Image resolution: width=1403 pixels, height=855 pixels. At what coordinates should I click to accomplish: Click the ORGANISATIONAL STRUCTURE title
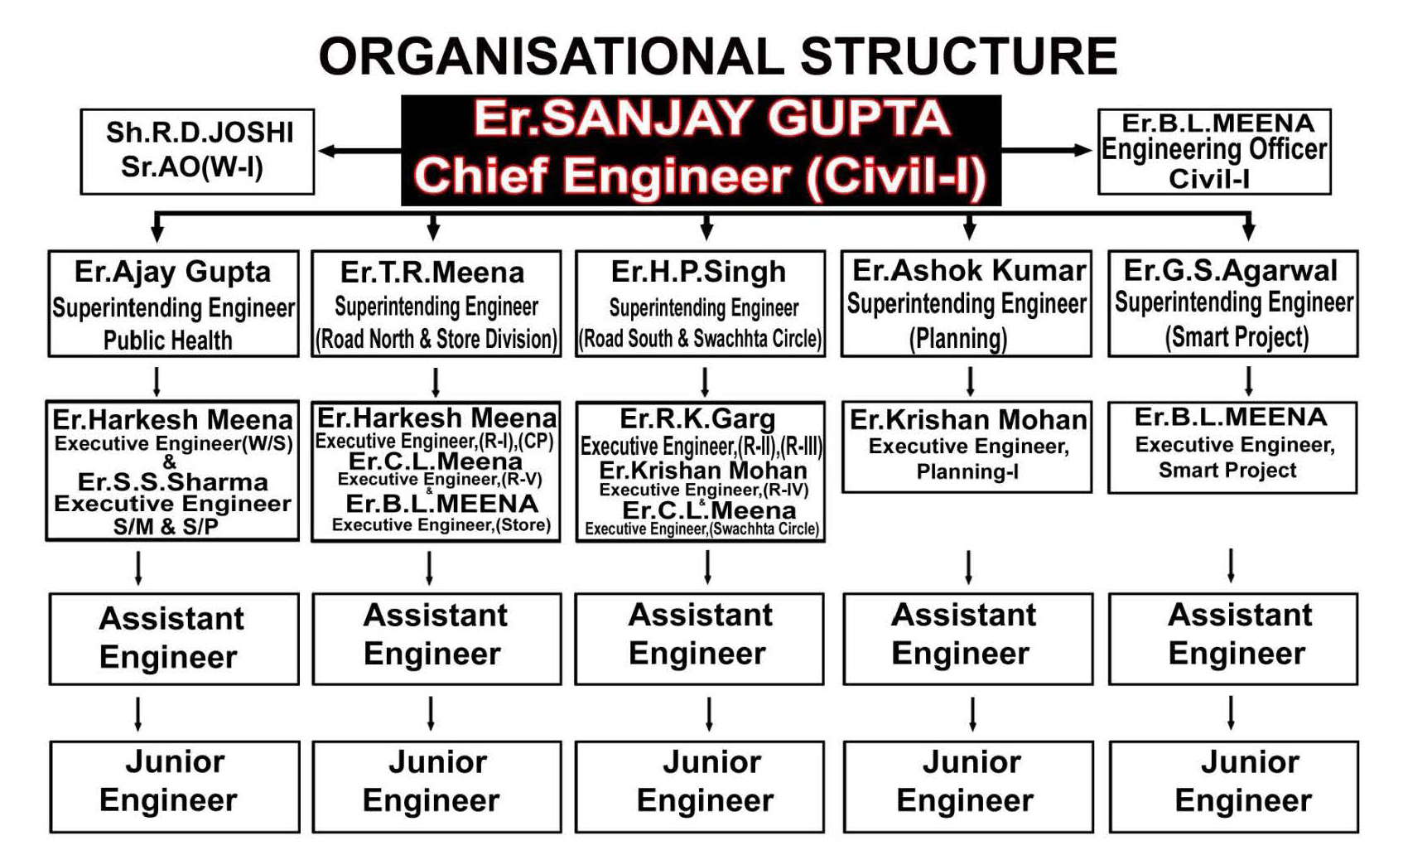pyautogui.click(x=718, y=56)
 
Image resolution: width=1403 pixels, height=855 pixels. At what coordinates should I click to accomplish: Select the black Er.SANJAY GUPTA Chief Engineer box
pyautogui.click(x=701, y=150)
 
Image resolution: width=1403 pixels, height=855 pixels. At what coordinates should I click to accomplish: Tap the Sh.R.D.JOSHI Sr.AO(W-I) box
pyautogui.click(x=197, y=152)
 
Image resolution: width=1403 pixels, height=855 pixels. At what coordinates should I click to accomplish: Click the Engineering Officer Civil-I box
pyautogui.click(x=1214, y=152)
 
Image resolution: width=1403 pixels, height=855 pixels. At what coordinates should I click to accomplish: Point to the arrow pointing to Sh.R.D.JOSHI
pyautogui.click(x=359, y=151)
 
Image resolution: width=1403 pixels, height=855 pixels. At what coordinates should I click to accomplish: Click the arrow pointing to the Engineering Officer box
pyautogui.click(x=1047, y=150)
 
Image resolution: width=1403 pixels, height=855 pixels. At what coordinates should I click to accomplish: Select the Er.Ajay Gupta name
pyautogui.click(x=173, y=273)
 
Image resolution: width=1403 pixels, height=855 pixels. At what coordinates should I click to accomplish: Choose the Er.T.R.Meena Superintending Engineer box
pyautogui.click(x=436, y=304)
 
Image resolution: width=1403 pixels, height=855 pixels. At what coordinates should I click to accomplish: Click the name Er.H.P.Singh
pyautogui.click(x=698, y=273)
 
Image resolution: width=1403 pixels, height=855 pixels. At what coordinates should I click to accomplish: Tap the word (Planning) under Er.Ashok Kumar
pyautogui.click(x=958, y=339)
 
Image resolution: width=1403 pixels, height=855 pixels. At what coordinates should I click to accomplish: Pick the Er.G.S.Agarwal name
pyautogui.click(x=1231, y=271)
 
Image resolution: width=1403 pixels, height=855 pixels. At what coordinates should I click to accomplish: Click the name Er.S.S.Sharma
pyautogui.click(x=173, y=482)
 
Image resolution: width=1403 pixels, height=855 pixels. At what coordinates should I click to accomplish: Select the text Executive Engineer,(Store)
pyautogui.click(x=441, y=525)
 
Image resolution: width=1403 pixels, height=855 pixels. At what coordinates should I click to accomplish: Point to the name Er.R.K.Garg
pyautogui.click(x=697, y=419)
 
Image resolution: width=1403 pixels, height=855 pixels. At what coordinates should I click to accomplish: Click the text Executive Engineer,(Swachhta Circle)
pyautogui.click(x=702, y=529)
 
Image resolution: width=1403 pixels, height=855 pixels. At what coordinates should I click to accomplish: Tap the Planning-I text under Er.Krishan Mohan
pyautogui.click(x=967, y=471)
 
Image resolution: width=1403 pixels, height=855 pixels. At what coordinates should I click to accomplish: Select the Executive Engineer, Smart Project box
pyautogui.click(x=1232, y=447)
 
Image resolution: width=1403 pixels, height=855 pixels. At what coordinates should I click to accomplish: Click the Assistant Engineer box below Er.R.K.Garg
pyautogui.click(x=700, y=639)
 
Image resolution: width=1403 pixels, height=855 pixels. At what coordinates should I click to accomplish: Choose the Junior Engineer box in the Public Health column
pyautogui.click(x=175, y=787)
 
